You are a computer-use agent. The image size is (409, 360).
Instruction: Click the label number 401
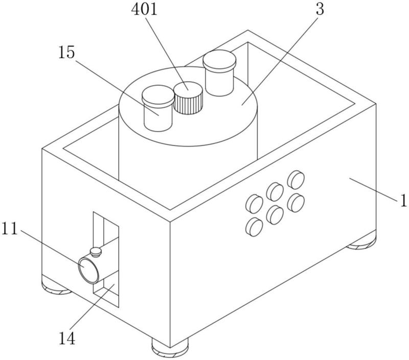pyautogui.click(x=144, y=9)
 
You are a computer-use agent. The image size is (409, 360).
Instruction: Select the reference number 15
pyautogui.click(x=66, y=53)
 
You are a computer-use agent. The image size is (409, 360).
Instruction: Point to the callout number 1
pyautogui.click(x=404, y=201)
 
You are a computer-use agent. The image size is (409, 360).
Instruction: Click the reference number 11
pyautogui.click(x=10, y=229)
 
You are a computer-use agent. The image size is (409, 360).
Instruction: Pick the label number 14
pyautogui.click(x=67, y=339)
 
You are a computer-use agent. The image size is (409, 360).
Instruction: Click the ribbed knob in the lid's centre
pyautogui.click(x=188, y=98)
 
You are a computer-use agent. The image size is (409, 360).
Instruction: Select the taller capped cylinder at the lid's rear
pyautogui.click(x=219, y=73)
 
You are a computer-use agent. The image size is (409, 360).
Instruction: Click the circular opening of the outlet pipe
pyautogui.click(x=88, y=270)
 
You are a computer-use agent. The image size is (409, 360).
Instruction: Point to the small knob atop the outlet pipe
pyautogui.click(x=96, y=252)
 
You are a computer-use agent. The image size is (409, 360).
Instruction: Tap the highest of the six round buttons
pyautogui.click(x=296, y=179)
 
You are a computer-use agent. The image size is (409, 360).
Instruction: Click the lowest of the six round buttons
pyautogui.click(x=254, y=227)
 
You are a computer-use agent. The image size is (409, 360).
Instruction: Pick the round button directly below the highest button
pyautogui.click(x=296, y=203)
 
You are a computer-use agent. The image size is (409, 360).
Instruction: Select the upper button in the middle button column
pyautogui.click(x=275, y=191)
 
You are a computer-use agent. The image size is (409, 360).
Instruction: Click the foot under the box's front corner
pyautogui.click(x=170, y=349)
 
